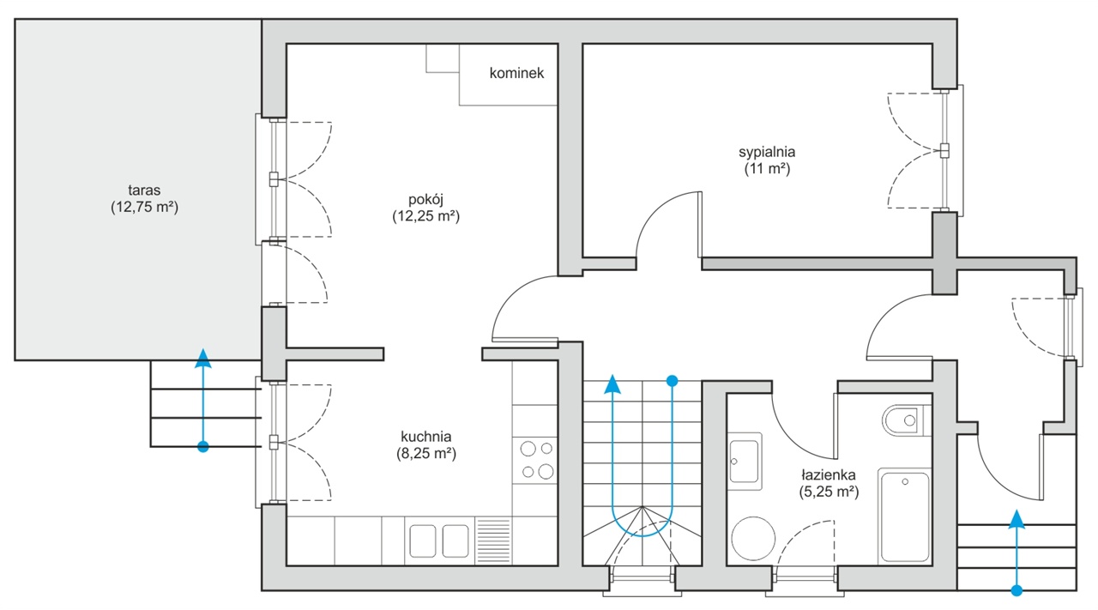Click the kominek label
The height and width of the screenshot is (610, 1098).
516,73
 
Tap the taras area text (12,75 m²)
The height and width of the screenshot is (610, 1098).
145,208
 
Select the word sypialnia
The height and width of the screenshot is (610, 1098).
767,153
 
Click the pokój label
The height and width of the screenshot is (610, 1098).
426,200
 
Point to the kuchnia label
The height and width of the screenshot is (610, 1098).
426,437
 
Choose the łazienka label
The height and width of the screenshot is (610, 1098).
829,474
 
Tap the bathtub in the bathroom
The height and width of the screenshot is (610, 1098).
905,516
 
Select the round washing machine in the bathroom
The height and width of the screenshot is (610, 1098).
753,538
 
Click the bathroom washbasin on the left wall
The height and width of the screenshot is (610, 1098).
745,461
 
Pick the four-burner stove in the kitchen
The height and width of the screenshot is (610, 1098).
535,461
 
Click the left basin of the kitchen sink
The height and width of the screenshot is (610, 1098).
423,541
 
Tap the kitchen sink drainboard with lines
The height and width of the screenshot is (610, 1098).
493,541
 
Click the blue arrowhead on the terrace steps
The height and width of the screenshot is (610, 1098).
203,358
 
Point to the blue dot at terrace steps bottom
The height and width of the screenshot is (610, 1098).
203,447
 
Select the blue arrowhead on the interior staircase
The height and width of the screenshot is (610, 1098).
612,384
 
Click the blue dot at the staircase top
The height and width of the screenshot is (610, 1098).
673,381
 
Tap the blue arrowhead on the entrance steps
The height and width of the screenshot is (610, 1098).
1017,519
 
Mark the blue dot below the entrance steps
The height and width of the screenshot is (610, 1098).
1017,590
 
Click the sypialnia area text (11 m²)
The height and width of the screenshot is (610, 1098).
767,169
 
